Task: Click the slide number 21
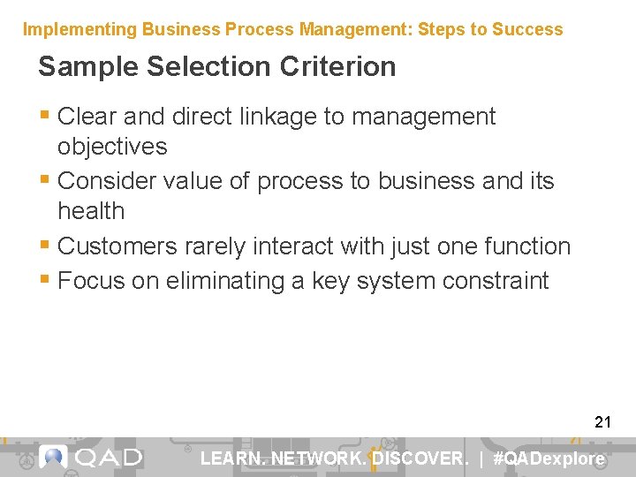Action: (602, 422)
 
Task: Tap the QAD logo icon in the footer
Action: (54, 458)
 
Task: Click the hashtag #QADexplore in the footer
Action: (549, 458)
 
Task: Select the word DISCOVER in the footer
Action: (420, 458)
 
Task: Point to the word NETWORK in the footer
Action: (319, 458)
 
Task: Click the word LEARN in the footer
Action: (232, 458)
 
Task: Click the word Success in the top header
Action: (526, 29)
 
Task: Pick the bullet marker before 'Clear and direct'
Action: (45, 117)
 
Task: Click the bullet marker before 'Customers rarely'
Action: (45, 246)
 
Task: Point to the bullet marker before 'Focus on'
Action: (45, 281)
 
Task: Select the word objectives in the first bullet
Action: (112, 147)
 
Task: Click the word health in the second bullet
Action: (91, 211)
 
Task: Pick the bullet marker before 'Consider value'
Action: (45, 181)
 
